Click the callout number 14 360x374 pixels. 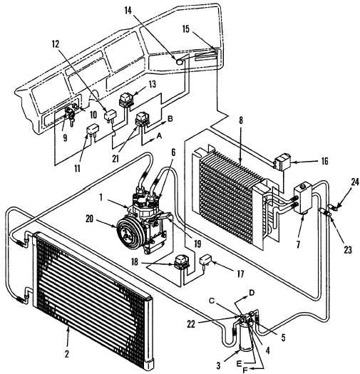128,11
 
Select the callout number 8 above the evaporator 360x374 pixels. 241,120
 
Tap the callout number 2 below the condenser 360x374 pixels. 67,353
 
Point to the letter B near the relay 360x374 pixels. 170,119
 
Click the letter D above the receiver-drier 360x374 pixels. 252,292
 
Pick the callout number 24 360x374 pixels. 355,182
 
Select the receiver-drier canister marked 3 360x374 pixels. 245,337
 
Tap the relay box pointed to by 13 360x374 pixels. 126,100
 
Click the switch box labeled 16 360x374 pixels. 283,162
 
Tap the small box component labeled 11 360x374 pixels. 93,130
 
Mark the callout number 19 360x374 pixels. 198,244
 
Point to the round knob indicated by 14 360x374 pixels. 179,61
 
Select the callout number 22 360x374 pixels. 191,324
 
